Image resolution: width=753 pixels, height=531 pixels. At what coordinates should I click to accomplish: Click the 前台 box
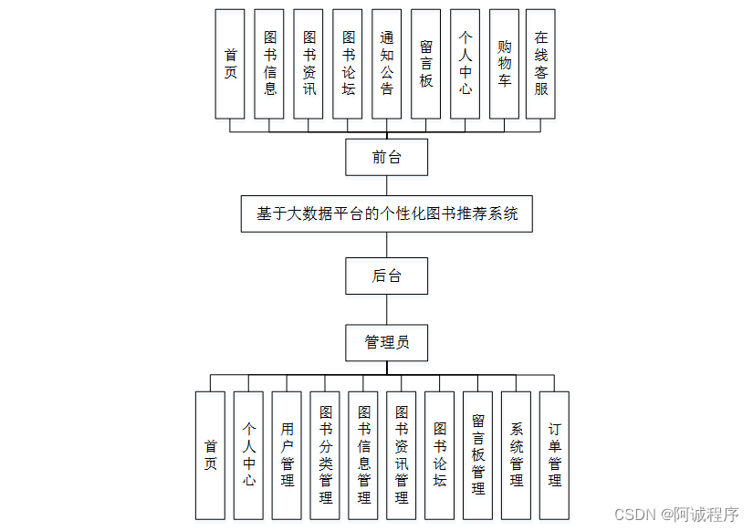point(386,157)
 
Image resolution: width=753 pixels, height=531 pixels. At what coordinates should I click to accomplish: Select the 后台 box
point(386,276)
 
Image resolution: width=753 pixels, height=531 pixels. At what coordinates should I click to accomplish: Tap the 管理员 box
point(386,342)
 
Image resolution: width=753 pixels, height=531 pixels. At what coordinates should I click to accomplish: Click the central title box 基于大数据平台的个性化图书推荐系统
point(386,213)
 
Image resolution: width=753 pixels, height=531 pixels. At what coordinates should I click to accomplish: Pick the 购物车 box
point(504,64)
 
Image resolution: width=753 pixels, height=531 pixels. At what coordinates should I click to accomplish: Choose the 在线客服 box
point(541,64)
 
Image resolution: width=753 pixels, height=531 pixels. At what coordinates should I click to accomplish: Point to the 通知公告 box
point(386,64)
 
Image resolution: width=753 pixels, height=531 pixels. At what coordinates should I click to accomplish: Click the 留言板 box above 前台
point(426,64)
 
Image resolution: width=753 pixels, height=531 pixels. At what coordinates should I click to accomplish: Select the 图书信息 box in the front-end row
point(269,64)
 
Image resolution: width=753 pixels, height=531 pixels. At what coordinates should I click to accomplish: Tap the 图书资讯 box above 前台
point(309,64)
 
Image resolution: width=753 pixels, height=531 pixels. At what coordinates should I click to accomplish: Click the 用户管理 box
point(288,455)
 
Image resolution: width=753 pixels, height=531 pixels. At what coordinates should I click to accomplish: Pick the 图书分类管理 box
point(326,455)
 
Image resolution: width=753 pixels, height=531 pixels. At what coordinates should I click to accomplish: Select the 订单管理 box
point(554,455)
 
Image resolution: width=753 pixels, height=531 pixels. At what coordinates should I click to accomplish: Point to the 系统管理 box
point(516,455)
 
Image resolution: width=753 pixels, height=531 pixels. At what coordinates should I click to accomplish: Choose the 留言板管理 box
point(477,455)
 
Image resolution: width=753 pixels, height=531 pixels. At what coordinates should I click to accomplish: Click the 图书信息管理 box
point(364,455)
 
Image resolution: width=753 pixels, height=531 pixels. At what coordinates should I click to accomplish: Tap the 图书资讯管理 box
point(402,455)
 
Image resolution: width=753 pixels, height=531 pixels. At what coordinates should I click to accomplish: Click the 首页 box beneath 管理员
point(211,455)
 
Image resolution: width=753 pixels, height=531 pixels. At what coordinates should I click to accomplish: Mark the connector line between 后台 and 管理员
point(386,309)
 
